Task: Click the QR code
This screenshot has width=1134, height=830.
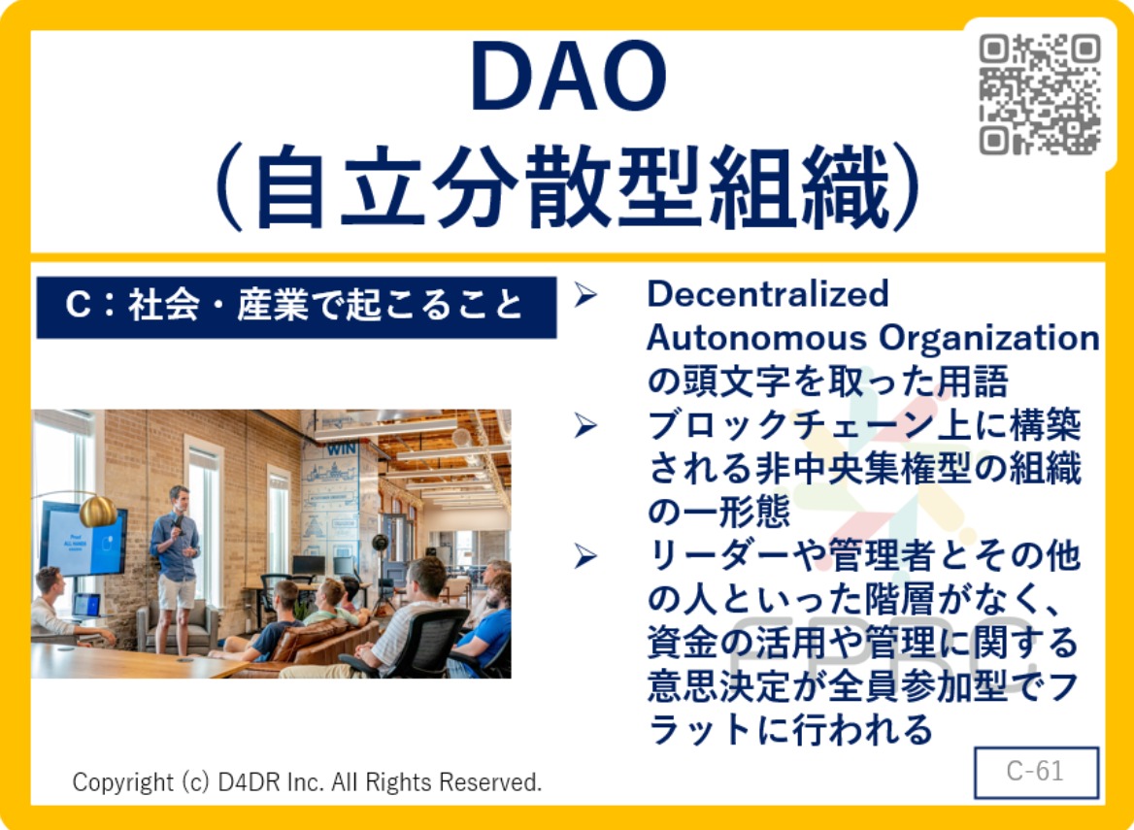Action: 1040,95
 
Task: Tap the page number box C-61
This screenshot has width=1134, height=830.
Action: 1036,772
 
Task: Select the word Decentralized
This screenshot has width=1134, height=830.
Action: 767,293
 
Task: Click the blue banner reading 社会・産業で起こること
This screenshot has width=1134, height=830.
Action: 296,307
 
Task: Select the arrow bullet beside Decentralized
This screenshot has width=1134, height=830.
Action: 585,295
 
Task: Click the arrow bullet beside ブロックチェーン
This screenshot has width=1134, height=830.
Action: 585,426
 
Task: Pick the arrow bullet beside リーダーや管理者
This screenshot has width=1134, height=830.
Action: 585,556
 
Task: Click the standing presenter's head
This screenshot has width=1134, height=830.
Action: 179,500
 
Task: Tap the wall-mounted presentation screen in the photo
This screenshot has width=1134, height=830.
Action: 83,540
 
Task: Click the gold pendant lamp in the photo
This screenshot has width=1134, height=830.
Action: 98,512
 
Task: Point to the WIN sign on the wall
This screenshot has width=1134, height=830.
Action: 342,449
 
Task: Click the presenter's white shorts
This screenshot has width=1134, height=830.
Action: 177,591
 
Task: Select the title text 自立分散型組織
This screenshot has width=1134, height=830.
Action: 572,188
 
